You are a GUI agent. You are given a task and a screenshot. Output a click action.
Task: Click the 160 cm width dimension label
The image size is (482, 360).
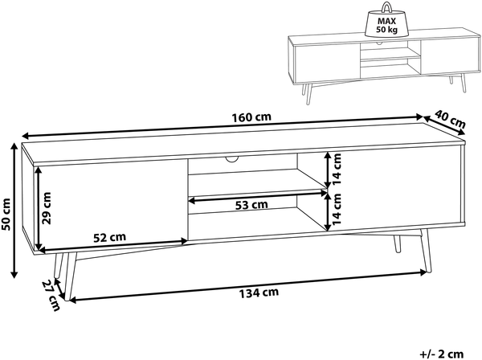(251, 117)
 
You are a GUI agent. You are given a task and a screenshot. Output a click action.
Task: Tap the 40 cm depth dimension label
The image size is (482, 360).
(451, 119)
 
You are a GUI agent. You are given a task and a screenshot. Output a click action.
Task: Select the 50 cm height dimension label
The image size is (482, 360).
(6, 215)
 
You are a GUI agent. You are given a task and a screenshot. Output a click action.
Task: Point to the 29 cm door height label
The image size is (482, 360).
(47, 208)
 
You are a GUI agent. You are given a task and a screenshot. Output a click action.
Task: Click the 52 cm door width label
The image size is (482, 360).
(110, 237)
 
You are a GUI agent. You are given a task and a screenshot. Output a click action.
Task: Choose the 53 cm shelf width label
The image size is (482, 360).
(251, 205)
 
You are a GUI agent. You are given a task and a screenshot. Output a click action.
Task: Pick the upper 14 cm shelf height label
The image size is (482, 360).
(337, 169)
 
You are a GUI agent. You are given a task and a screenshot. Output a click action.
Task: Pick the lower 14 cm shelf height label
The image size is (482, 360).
(337, 209)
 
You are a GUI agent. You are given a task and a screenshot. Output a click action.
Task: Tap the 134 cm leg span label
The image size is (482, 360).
(259, 293)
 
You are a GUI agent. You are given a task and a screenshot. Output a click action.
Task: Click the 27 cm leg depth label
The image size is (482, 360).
(51, 296)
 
